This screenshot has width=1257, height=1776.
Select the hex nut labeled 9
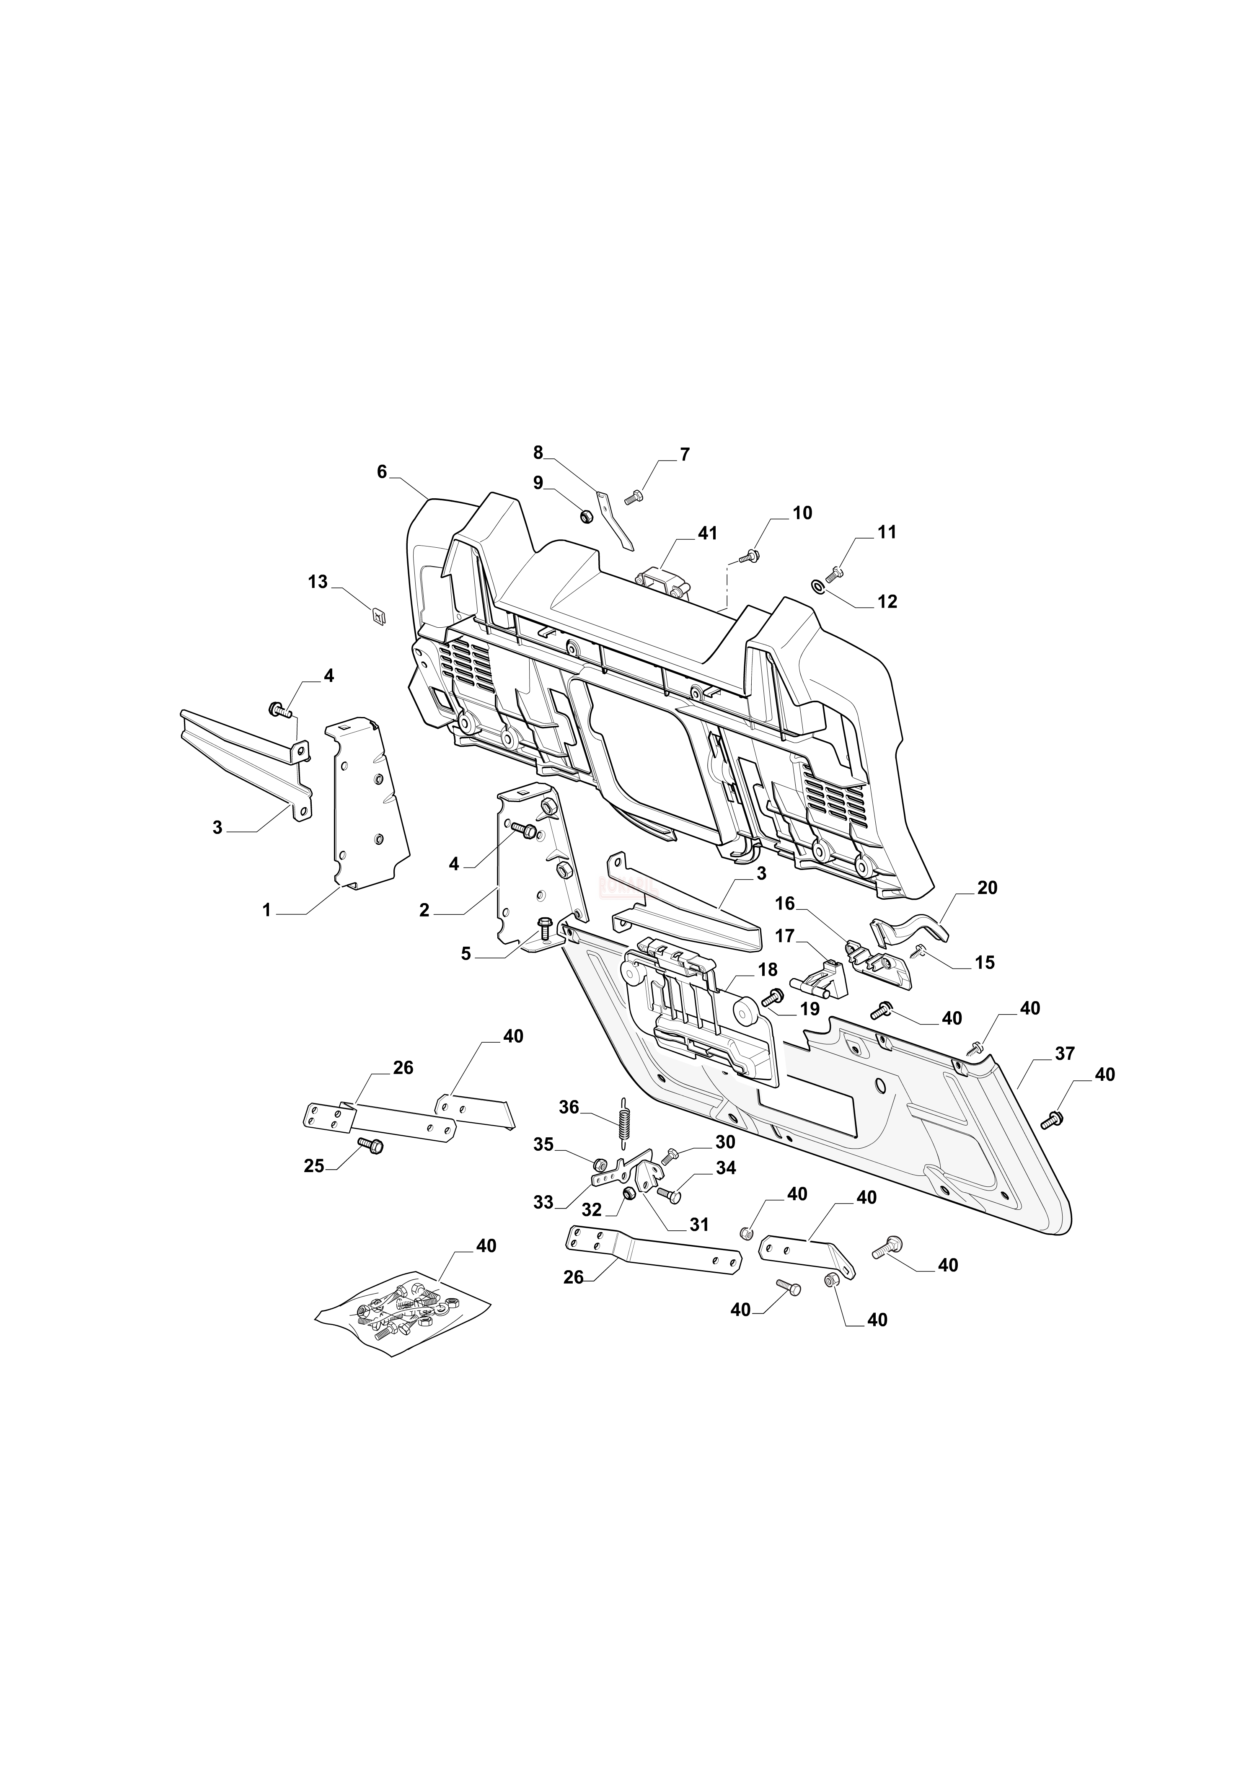point(586,515)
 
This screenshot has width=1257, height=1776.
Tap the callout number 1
point(267,911)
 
